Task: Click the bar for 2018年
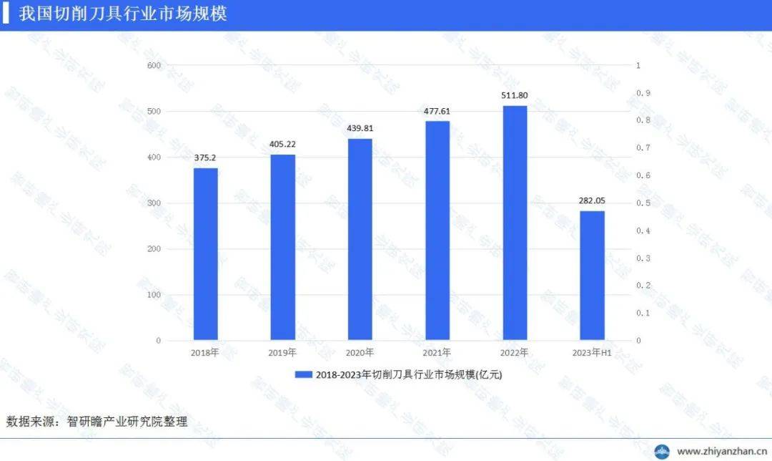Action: pos(205,254)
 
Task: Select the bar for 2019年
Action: pos(282,247)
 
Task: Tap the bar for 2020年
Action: pos(360,239)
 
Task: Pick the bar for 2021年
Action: pos(437,230)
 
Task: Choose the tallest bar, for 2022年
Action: pos(515,223)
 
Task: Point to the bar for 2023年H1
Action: pos(592,276)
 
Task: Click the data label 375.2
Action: pos(205,157)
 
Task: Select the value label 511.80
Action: pos(515,95)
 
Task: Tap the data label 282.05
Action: pos(592,200)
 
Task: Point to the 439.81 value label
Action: pos(360,128)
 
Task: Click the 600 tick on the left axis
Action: pos(154,66)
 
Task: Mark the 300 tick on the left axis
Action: pos(154,203)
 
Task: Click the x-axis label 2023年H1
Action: pos(592,353)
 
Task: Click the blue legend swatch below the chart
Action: pos(303,374)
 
